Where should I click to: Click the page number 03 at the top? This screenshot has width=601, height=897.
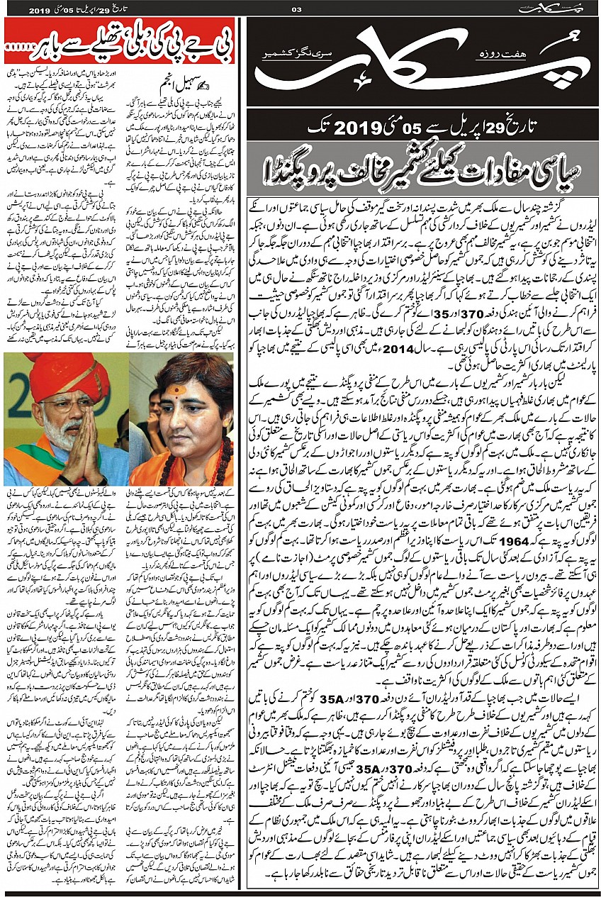point(297,9)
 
